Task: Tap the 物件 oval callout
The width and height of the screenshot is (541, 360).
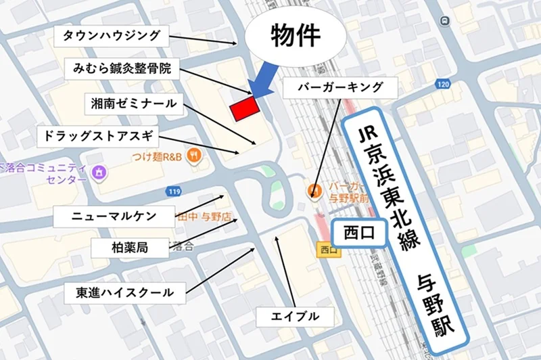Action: [295, 37]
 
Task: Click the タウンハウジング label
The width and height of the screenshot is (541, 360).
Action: [112, 35]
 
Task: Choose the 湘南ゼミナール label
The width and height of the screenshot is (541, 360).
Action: [135, 104]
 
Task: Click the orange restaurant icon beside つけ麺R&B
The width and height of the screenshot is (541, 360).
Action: [194, 154]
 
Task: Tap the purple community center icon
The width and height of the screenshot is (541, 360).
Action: [99, 172]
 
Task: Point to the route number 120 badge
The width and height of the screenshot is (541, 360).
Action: [443, 85]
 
